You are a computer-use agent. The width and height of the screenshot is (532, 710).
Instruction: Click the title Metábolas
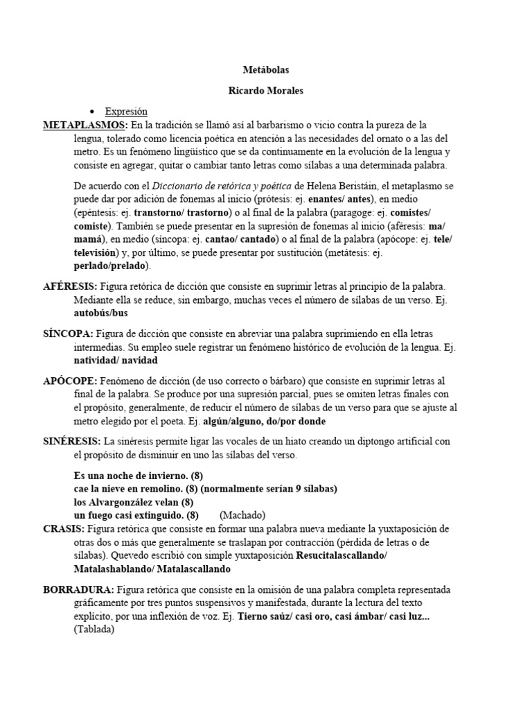265,71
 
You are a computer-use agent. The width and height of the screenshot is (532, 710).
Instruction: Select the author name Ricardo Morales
265,91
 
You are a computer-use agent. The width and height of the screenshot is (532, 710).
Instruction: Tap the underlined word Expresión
126,111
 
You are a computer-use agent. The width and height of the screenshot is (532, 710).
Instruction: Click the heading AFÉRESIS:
71,286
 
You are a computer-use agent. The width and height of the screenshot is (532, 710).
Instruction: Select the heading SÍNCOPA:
68,334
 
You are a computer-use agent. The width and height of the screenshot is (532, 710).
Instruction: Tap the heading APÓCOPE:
71,381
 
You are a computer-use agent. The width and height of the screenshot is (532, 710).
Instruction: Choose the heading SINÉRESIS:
73,441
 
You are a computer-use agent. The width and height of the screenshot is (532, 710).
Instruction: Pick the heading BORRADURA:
79,589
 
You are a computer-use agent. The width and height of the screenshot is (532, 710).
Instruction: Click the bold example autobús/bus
101,313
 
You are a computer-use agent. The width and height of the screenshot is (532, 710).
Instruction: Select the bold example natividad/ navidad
116,360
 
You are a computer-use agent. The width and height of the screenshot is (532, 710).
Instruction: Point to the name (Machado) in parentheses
242,515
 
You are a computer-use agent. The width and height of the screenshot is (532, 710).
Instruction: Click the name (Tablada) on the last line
94,630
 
